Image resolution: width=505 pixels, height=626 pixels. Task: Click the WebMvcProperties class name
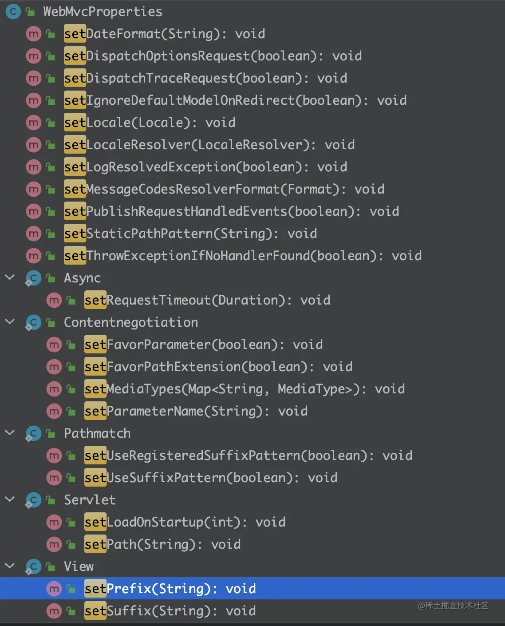(103, 12)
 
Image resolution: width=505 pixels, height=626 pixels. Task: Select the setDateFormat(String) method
(164, 34)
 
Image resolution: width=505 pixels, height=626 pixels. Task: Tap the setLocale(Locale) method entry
(150, 123)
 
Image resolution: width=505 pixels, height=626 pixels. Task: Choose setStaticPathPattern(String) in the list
(190, 234)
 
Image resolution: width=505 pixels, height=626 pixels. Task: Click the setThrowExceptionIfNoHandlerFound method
(242, 256)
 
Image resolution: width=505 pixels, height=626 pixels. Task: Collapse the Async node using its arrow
(10, 277)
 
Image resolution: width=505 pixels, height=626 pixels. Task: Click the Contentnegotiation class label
(130, 322)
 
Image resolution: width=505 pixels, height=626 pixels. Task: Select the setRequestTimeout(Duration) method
(207, 300)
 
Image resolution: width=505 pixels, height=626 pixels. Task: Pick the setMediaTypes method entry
(245, 389)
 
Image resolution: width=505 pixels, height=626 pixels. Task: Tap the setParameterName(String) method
(196, 411)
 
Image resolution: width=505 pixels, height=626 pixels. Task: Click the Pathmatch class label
(97, 433)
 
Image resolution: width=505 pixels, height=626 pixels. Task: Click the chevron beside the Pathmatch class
(10, 433)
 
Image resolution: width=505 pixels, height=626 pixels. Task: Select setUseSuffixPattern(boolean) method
(211, 478)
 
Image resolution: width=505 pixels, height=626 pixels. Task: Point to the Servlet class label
(90, 500)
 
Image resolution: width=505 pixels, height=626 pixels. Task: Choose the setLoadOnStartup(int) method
(185, 522)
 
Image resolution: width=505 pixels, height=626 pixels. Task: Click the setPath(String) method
(162, 544)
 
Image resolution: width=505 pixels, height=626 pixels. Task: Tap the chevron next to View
(10, 566)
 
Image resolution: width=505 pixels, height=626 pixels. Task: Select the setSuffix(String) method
(170, 611)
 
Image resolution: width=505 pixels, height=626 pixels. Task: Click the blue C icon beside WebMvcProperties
(13, 12)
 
